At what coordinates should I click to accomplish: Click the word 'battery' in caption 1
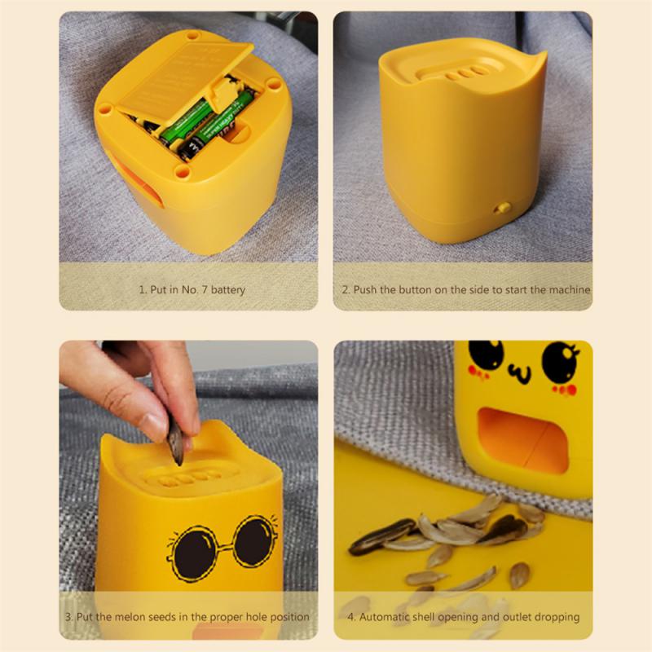coord(228,290)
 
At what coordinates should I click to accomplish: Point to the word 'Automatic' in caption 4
coord(385,617)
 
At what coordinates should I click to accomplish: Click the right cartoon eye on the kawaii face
coord(557,359)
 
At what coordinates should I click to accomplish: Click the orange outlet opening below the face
coord(522,440)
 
